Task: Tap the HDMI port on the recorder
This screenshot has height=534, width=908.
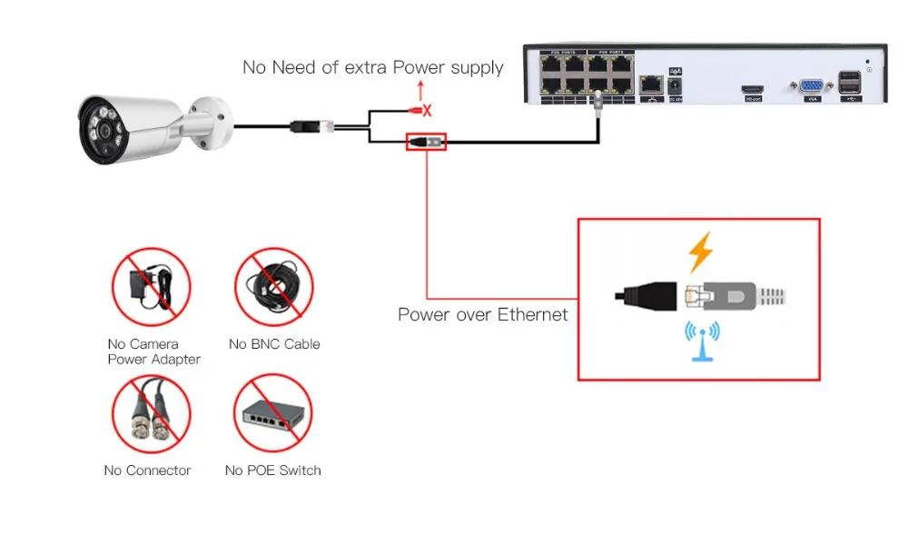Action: pos(753,89)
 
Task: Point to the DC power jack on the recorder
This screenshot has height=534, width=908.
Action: pos(676,85)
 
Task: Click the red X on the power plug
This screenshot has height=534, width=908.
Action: pos(428,110)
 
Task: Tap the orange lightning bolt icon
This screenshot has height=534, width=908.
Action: pos(699,253)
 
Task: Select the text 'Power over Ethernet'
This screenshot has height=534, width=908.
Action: pos(482,315)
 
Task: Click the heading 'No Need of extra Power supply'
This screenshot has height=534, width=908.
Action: pos(372,67)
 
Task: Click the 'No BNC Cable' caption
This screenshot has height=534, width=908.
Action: pos(274,344)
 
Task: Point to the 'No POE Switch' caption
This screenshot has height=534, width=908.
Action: pos(272,470)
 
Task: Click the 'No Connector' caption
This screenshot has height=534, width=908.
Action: pos(147,470)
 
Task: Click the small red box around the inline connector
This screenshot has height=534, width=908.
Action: pos(426,142)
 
